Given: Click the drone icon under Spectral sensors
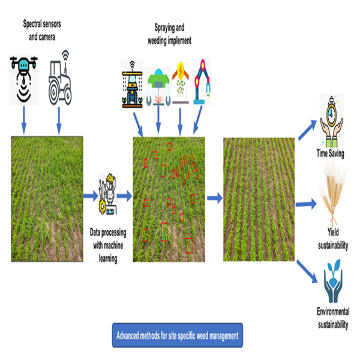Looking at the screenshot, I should click(x=23, y=76).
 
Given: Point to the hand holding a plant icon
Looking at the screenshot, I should click(x=331, y=281).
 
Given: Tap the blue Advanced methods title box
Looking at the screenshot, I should click(x=178, y=335).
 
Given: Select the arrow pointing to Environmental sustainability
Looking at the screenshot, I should click(x=307, y=270).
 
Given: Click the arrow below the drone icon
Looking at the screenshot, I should click(x=23, y=121).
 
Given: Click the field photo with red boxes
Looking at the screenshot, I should click(x=169, y=198).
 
